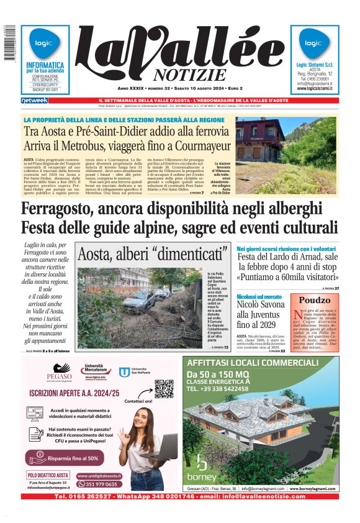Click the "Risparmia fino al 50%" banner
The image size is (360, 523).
pos(65,458)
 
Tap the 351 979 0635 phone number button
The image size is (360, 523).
pos(99,484)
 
